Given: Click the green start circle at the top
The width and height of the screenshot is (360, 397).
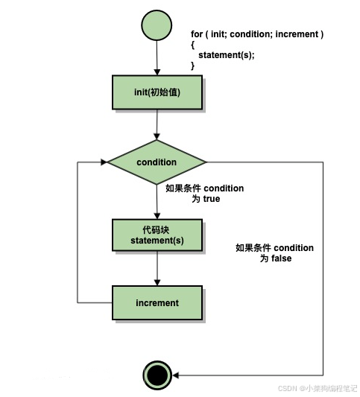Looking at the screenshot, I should pos(157,25).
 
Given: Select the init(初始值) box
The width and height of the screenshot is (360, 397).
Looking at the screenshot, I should pos(157,93).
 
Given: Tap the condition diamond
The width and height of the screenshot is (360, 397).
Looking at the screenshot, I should pos(157,162).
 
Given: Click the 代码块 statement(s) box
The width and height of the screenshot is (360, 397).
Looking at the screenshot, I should pos(157,235).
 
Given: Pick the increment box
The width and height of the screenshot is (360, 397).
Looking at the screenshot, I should pos(157,303).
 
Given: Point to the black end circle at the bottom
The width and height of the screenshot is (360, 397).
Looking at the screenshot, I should pos(157,374).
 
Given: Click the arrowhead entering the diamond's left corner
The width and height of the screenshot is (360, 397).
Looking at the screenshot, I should pos(103,162).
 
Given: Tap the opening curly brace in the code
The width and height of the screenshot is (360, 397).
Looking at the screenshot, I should pos(193,45).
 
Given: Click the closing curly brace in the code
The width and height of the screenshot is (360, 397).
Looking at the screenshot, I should pos(193,66).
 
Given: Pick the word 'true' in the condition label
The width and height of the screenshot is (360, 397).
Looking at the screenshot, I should pos(211,199).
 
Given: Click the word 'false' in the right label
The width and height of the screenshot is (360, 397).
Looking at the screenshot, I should pos(280,258).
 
